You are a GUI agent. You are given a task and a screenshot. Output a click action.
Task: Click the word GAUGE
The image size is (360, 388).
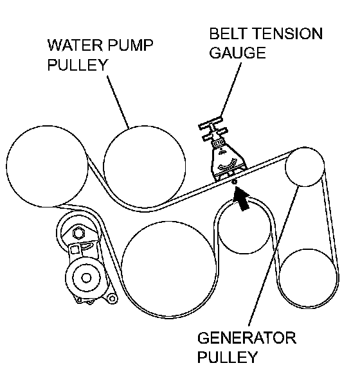(x=237, y=53)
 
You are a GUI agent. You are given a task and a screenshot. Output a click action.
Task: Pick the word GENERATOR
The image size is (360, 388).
(x=247, y=337)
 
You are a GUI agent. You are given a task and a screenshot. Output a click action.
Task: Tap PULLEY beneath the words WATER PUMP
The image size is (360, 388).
(x=77, y=64)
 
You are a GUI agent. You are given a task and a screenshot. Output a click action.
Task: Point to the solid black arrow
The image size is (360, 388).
(x=242, y=198)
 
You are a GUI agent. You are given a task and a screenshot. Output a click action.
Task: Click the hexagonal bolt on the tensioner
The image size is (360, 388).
(x=79, y=233)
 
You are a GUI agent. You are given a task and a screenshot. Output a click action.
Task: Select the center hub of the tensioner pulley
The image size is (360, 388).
(x=86, y=278)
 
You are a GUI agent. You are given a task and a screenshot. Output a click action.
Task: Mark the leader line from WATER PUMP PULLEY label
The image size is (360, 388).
(x=118, y=102)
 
